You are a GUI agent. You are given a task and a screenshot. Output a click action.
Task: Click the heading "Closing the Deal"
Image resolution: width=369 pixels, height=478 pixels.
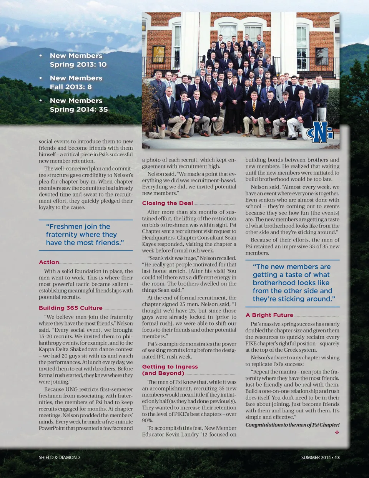168,203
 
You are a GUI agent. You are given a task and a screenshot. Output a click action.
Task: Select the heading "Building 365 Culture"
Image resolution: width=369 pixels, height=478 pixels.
70,308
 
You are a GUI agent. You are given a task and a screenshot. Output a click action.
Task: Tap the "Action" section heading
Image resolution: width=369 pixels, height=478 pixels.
49,262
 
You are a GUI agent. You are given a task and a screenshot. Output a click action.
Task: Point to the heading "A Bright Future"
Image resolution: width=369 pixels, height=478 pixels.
269,315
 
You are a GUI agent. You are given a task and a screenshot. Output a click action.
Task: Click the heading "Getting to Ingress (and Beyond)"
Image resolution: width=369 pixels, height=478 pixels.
170,370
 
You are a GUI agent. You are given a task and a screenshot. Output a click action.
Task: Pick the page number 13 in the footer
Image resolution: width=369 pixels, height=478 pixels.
337,457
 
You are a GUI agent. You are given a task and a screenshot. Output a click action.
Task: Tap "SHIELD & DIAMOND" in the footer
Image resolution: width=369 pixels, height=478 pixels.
59,457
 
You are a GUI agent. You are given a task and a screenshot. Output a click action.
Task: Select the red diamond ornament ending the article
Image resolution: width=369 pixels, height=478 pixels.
337,432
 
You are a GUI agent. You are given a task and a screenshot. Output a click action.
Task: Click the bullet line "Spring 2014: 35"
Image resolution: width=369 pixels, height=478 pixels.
78,109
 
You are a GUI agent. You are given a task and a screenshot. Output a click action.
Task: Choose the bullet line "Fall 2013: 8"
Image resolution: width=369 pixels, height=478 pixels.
71,87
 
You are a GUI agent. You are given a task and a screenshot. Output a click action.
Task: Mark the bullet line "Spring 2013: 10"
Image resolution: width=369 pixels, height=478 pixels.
78,65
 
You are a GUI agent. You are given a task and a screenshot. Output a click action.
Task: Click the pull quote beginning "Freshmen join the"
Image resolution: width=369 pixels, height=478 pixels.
85,235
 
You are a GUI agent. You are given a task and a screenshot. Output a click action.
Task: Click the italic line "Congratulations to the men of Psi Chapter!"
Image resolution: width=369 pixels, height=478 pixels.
292,425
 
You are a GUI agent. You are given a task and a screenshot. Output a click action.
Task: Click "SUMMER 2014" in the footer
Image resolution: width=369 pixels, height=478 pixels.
316,457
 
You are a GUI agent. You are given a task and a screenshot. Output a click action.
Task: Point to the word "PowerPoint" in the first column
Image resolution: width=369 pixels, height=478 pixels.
52,428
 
